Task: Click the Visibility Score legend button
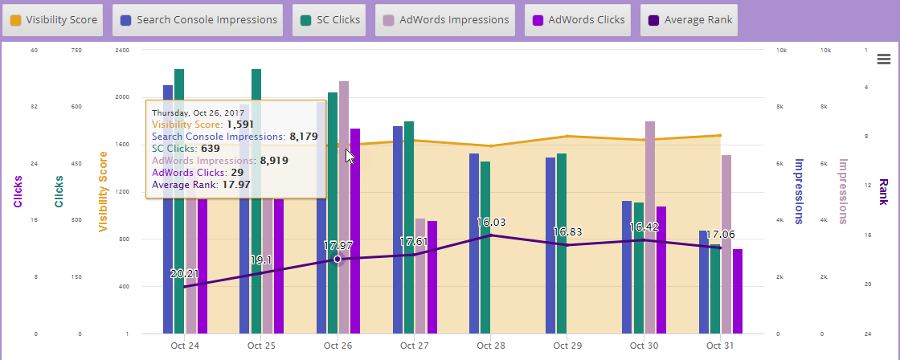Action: pyautogui.click(x=53, y=19)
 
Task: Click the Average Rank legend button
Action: pyautogui.click(x=689, y=19)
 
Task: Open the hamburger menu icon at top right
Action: pyautogui.click(x=884, y=59)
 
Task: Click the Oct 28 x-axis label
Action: pyautogui.click(x=491, y=346)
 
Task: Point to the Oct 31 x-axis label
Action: pyautogui.click(x=720, y=346)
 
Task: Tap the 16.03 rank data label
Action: pyautogui.click(x=491, y=222)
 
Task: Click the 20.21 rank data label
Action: pyautogui.click(x=185, y=274)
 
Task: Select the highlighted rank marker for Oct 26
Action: pyautogui.click(x=337, y=259)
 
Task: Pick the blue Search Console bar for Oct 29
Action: pyautogui.click(x=550, y=245)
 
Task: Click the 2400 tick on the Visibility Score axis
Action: pyautogui.click(x=121, y=50)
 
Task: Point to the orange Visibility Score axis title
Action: pyautogui.click(x=103, y=191)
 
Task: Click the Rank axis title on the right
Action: pyautogui.click(x=883, y=191)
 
